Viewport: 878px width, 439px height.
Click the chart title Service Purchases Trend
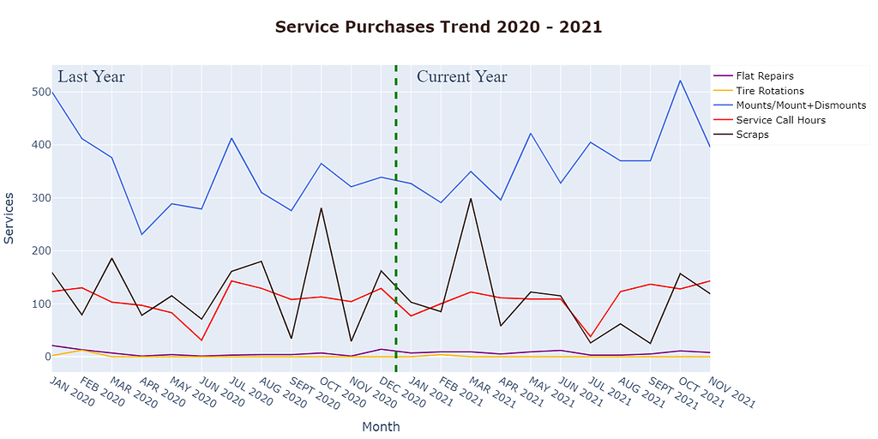click(438, 27)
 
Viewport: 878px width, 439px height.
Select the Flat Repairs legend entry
click(764, 76)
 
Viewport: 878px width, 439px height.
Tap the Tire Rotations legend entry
click(769, 91)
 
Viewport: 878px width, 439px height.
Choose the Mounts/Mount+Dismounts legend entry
click(800, 105)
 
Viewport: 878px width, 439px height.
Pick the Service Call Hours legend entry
click(780, 120)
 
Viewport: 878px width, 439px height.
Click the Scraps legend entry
click(752, 135)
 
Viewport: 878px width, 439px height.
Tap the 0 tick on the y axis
click(42, 357)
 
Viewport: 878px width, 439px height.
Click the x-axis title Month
click(381, 426)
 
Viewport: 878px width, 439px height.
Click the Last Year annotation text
click(91, 77)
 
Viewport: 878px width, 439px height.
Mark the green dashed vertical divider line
click(396, 214)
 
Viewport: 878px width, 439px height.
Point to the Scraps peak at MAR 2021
click(471, 198)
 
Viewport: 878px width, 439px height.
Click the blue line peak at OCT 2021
click(680, 81)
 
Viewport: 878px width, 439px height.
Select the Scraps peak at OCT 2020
click(322, 207)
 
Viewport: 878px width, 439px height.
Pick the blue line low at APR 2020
click(141, 234)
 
